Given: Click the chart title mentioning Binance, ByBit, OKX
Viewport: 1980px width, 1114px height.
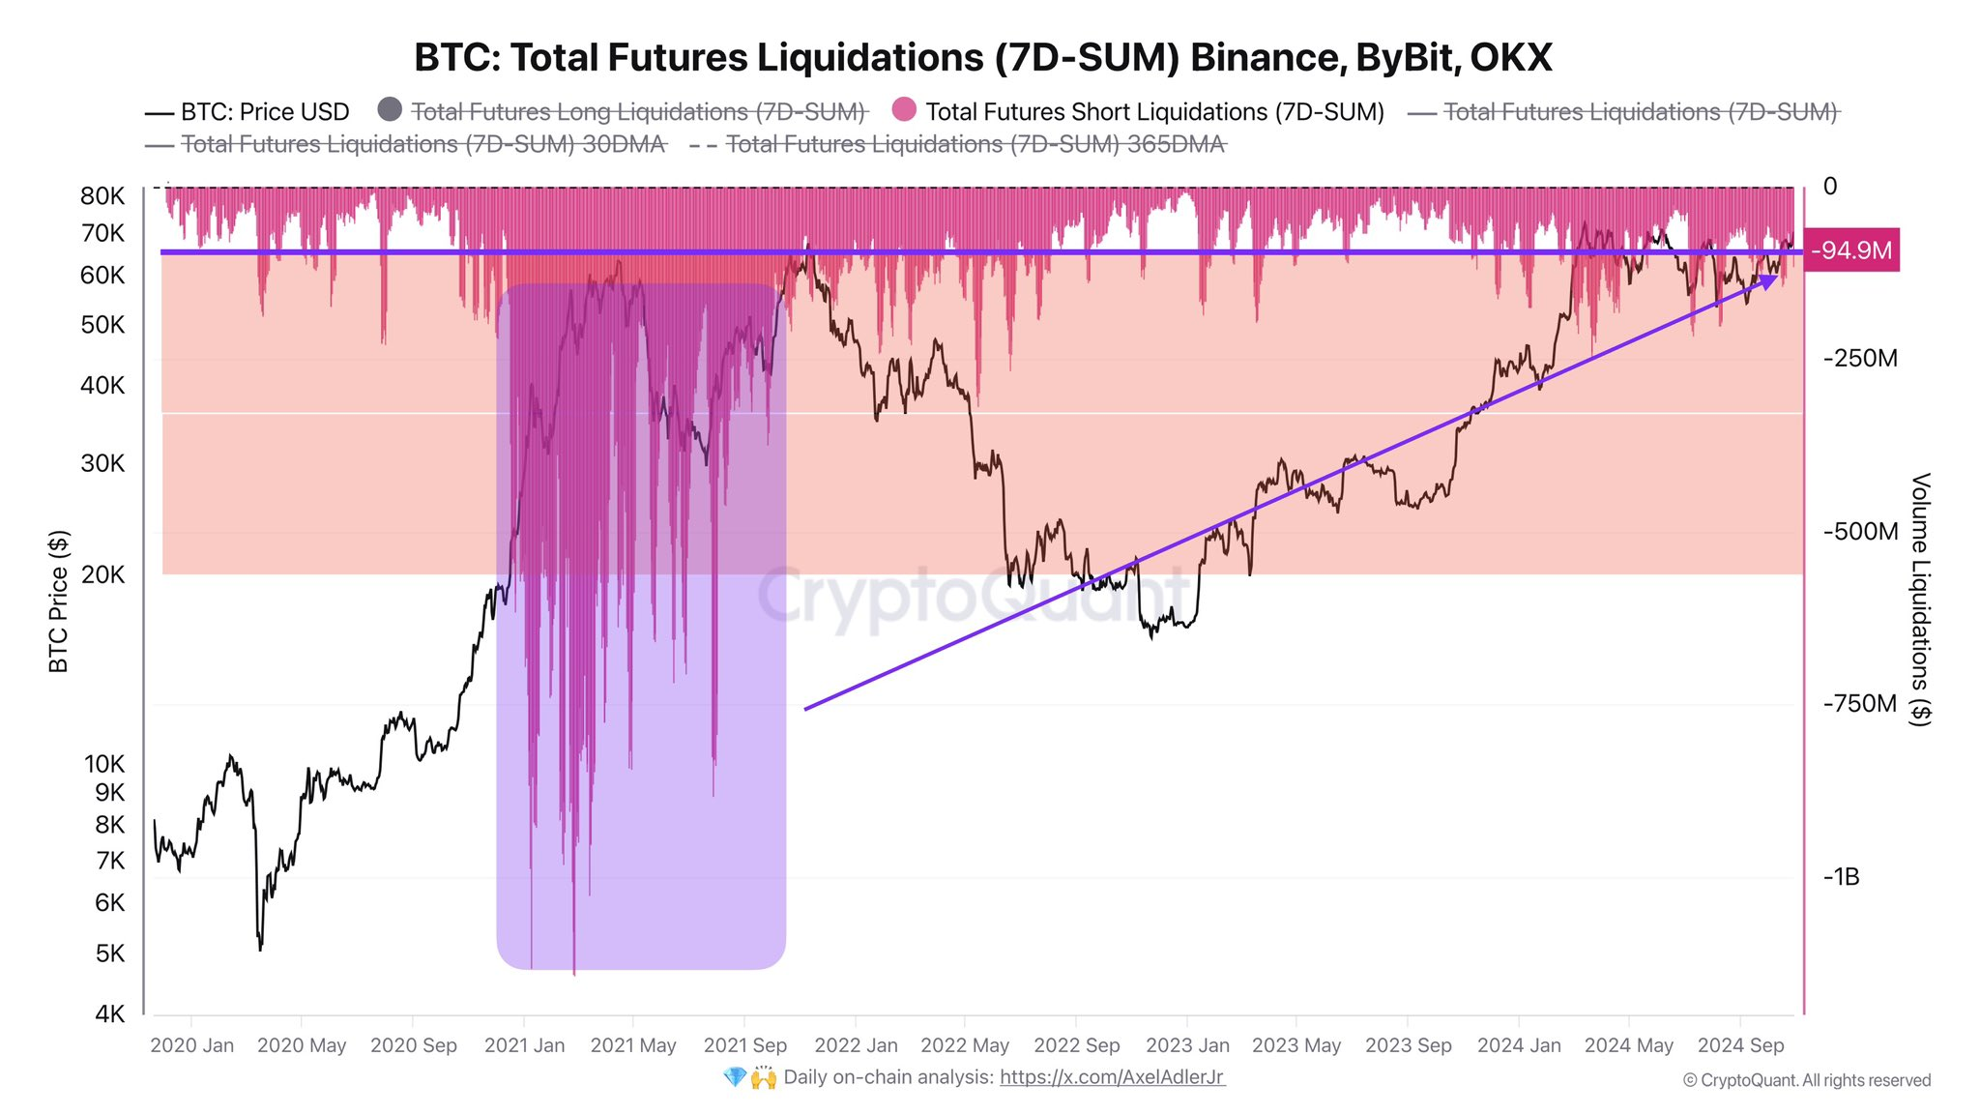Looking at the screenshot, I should [982, 58].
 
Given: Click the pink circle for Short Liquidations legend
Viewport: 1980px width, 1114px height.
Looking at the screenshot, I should [904, 110].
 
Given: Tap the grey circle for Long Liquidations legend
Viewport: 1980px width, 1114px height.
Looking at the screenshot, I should [390, 110].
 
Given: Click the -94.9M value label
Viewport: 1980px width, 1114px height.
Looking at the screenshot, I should [1850, 250].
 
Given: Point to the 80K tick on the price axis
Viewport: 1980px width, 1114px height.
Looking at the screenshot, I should [102, 196].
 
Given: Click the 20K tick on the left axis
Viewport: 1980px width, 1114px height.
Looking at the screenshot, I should [102, 574].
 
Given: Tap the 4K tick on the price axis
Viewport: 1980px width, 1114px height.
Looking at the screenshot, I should [109, 1013].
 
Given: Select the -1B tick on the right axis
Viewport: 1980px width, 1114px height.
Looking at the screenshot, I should [1841, 877].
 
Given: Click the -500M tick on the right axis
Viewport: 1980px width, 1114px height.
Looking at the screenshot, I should [1860, 532].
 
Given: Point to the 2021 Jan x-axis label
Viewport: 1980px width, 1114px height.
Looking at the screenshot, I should [524, 1045].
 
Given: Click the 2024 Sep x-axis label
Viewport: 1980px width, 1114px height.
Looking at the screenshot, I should [1740, 1045].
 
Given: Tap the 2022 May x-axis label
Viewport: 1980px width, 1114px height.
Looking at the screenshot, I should [964, 1045].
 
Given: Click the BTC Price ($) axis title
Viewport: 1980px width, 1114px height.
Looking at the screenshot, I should [59, 601].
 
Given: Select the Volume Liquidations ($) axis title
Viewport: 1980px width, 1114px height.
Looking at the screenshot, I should [1920, 600].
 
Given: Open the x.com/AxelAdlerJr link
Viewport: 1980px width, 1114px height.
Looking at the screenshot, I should [1112, 1077].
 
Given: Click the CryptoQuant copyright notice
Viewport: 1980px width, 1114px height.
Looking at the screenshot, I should [1806, 1080].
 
